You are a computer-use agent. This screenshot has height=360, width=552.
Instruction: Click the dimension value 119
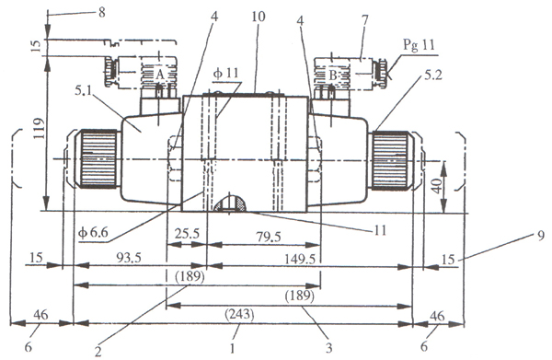[40, 128]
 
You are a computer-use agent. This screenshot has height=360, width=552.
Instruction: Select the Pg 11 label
[419, 45]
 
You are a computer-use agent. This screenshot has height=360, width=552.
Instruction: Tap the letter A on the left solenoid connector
[160, 75]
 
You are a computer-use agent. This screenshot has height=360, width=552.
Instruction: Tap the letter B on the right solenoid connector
[333, 75]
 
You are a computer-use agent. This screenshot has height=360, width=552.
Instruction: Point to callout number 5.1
[85, 91]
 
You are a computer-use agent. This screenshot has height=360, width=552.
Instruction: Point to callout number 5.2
[432, 75]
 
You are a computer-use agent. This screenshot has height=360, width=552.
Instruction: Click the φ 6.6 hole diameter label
[93, 233]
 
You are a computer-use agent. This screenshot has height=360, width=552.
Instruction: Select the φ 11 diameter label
[225, 74]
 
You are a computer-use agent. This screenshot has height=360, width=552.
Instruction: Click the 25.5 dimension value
[187, 234]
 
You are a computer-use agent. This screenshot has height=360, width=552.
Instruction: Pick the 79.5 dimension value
[269, 237]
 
